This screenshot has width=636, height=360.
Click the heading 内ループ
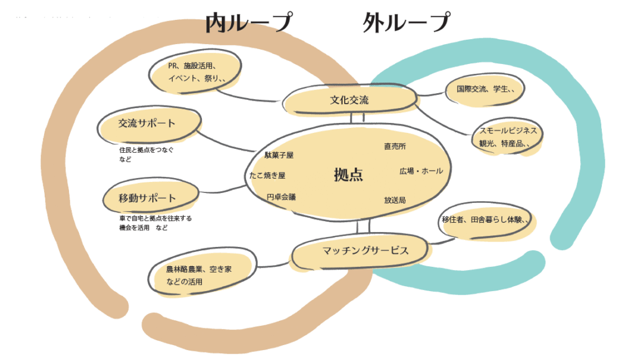point(248,23)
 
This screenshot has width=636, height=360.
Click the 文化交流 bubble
point(349,99)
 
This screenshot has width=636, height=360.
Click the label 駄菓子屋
point(278,155)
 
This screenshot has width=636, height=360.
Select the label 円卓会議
point(281,197)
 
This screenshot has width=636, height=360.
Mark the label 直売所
point(395,146)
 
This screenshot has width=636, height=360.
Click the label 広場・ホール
point(420,171)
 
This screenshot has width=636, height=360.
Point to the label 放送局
point(395,200)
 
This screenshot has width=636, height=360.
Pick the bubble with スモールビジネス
point(507,137)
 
